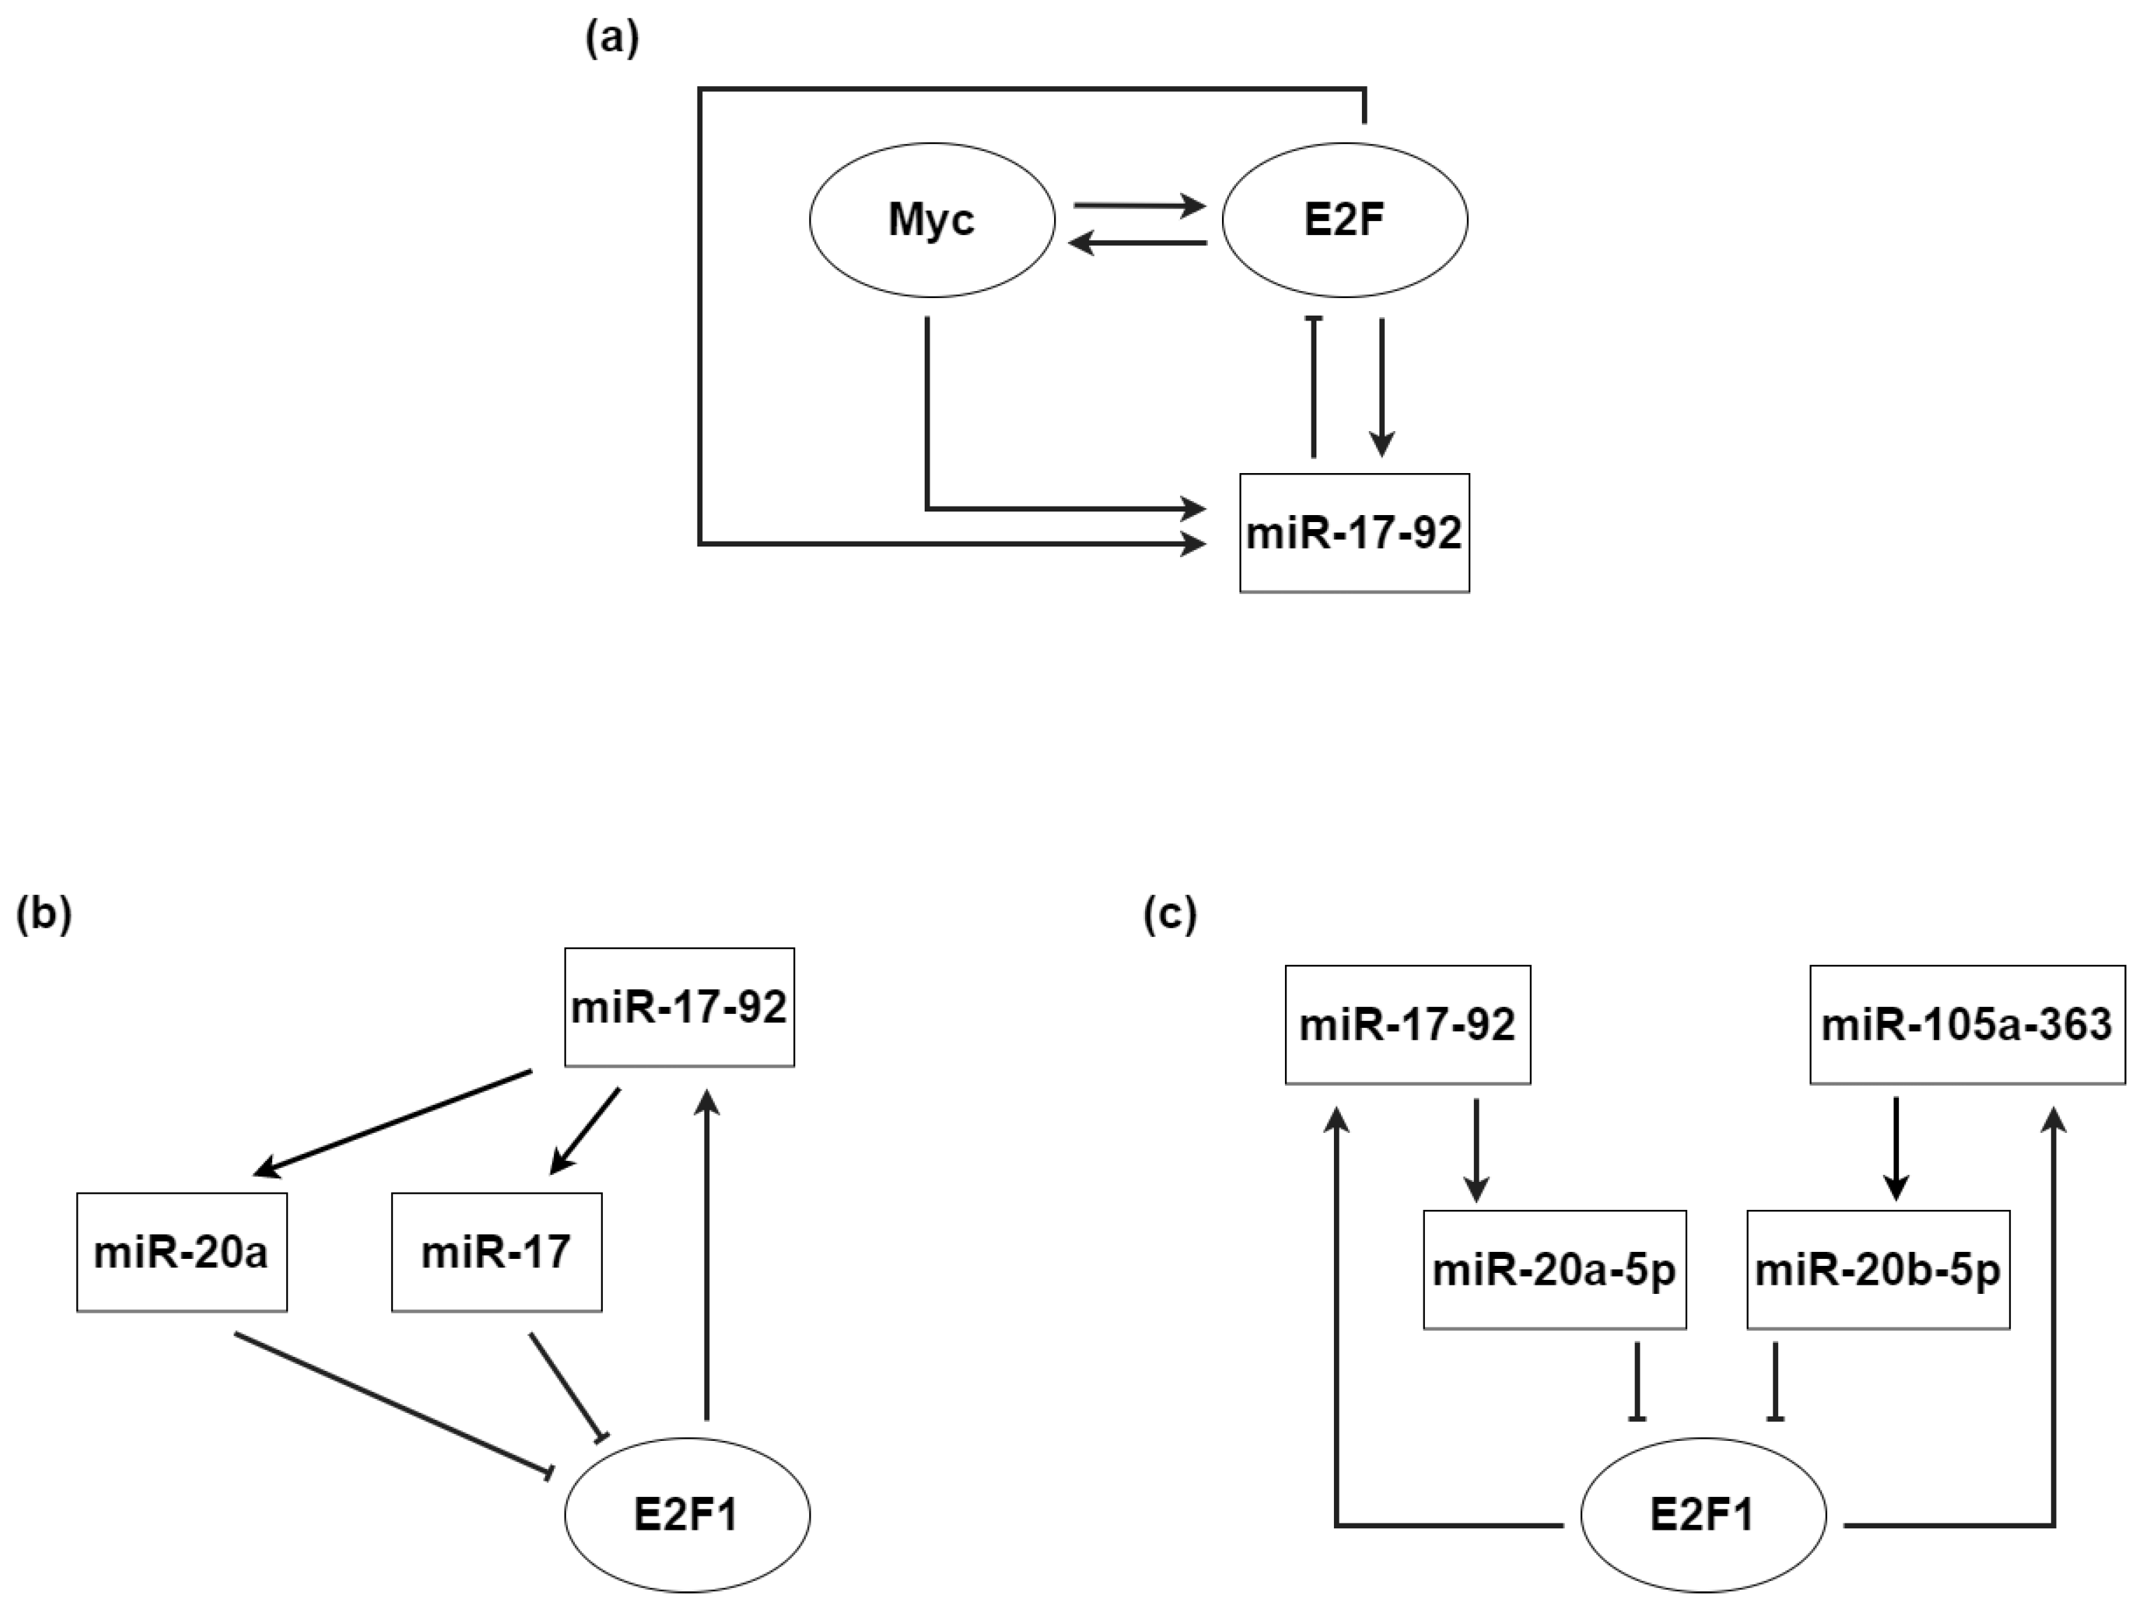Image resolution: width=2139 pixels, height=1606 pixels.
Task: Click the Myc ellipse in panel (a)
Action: (931, 220)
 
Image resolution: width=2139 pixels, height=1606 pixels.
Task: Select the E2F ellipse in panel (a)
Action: (1344, 220)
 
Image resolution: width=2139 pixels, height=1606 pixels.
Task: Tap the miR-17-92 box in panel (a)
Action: (1353, 533)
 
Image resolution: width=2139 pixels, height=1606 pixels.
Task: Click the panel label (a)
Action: (612, 40)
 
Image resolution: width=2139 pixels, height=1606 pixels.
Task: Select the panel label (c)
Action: (1170, 915)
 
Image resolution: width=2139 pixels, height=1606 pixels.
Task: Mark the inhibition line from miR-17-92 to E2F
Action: (1313, 387)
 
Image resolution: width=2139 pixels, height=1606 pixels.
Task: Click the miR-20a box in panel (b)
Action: (182, 1252)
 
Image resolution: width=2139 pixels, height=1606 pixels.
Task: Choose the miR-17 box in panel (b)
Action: (496, 1252)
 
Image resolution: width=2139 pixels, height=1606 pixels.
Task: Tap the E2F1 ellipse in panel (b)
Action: (687, 1514)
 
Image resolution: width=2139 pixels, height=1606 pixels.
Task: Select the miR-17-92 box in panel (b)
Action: (678, 1007)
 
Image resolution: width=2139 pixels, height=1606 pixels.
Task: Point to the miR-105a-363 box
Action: (1967, 1024)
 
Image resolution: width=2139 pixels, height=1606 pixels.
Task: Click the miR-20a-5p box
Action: (1554, 1269)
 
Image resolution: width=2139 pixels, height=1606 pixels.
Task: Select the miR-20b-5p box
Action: (1878, 1269)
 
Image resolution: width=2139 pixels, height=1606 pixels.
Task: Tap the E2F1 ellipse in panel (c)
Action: (1703, 1514)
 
